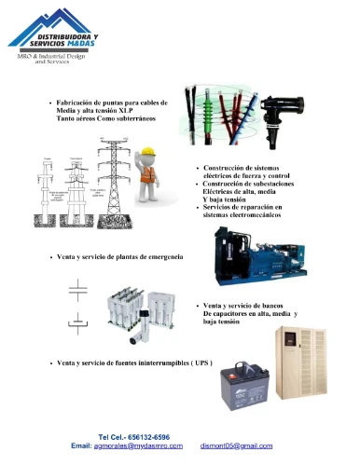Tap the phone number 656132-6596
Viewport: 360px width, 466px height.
point(147,436)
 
